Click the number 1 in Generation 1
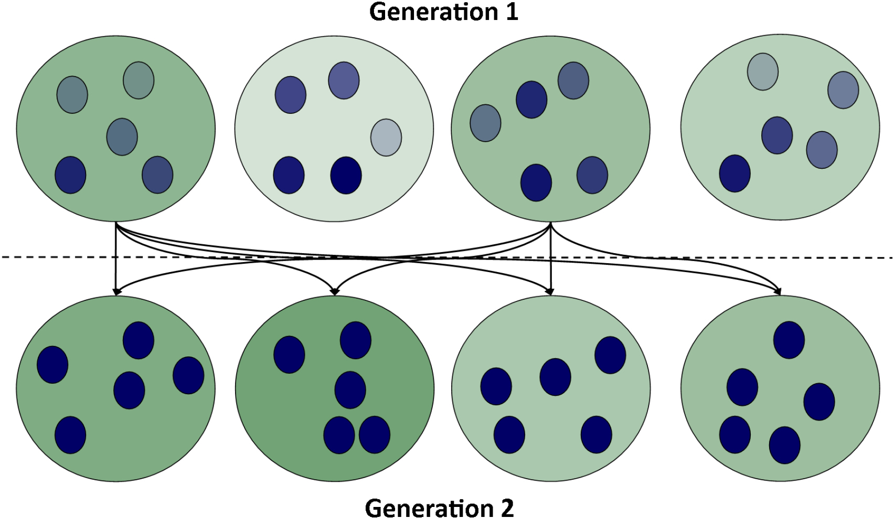click(x=511, y=12)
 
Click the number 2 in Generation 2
click(x=506, y=508)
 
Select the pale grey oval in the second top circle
click(x=386, y=137)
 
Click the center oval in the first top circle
click(x=122, y=137)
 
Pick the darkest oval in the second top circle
click(x=346, y=175)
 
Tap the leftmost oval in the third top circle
click(x=485, y=123)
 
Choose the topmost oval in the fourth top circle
click(x=763, y=71)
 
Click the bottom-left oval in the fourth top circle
click(x=735, y=173)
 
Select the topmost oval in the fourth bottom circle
click(x=789, y=340)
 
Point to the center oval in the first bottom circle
click(x=129, y=390)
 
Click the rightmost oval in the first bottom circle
click(x=188, y=375)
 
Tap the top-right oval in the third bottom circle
click(x=610, y=355)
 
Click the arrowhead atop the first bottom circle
click(x=115, y=291)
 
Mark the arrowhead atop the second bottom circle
click(x=334, y=291)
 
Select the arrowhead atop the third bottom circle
click(x=550, y=291)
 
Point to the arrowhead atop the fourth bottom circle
click(x=779, y=291)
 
